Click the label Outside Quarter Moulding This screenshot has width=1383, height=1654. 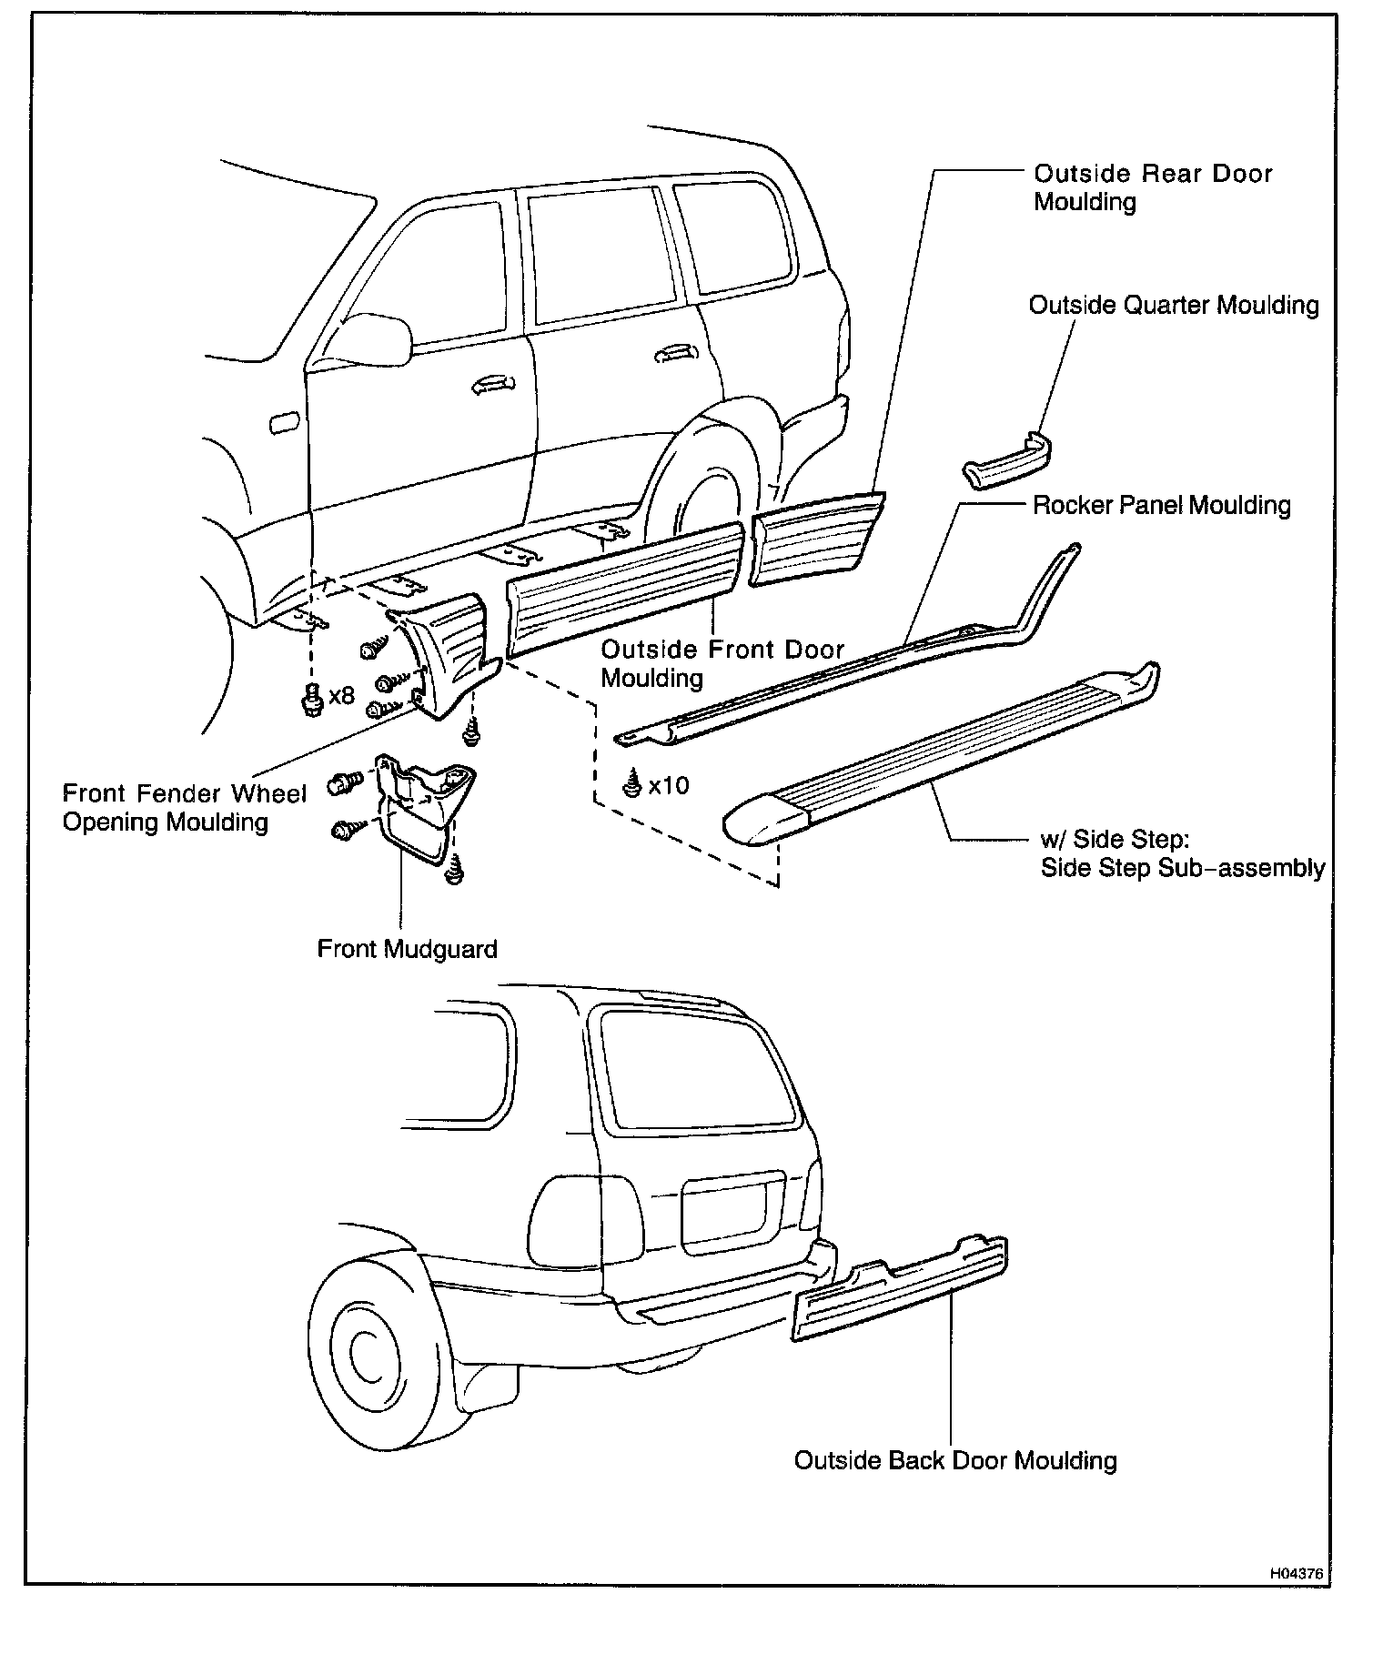pos(1173,305)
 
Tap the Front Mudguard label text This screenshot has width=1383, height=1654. pos(407,949)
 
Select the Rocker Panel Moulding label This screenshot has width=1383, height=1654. pos(1161,505)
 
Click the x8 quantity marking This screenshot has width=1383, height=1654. pos(341,697)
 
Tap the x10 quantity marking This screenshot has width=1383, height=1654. pos(669,784)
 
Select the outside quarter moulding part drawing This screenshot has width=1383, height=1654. pos(1007,460)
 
